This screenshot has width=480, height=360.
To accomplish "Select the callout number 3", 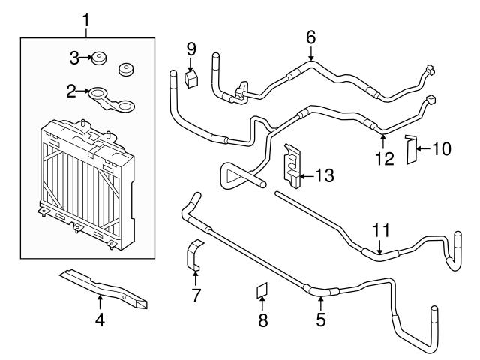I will (74, 57).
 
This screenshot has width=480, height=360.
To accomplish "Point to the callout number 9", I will (191, 50).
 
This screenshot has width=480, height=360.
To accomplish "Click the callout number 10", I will (442, 149).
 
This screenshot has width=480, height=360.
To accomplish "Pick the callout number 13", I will (325, 177).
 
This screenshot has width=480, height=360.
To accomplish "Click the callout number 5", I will (320, 319).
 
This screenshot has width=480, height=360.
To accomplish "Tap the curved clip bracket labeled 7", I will (194, 256).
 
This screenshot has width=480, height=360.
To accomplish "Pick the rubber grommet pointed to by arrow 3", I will (97, 58).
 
